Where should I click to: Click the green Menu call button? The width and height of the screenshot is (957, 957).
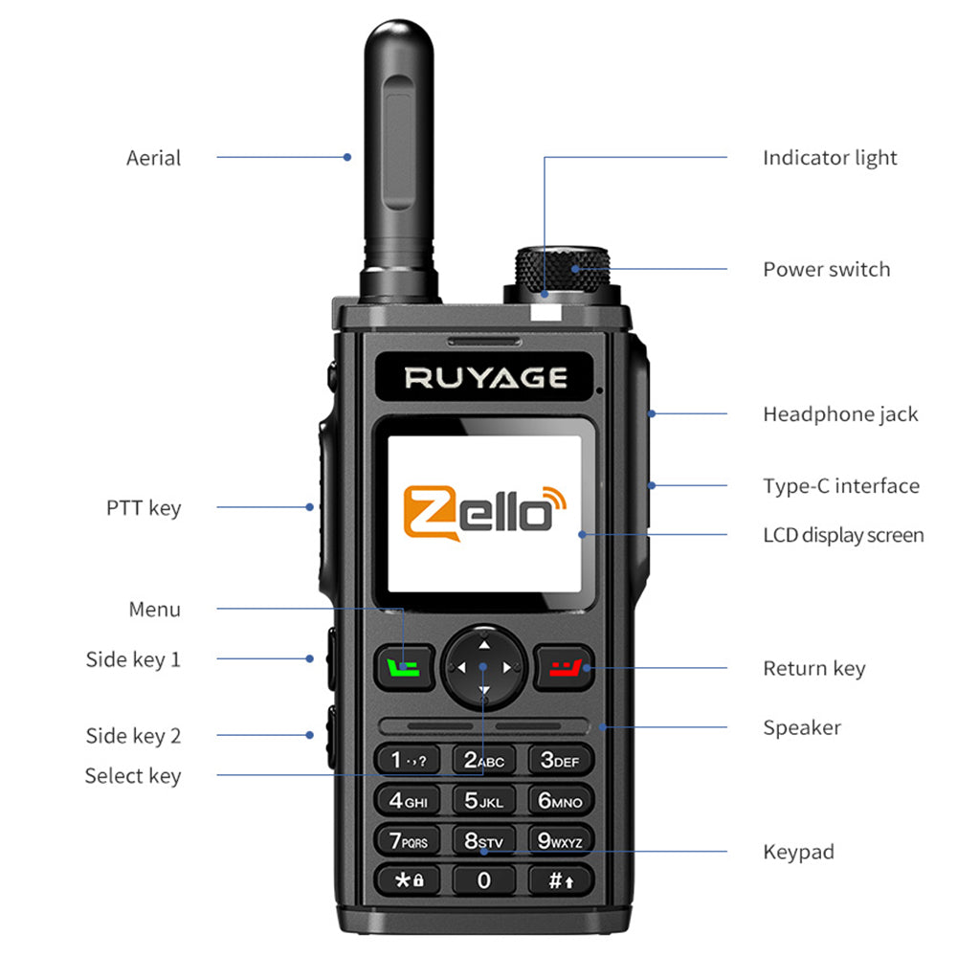point(406,666)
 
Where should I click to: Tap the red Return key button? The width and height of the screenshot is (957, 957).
point(565,666)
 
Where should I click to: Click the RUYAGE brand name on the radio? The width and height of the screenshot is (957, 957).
point(485,378)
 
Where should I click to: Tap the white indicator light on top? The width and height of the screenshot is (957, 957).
point(545,310)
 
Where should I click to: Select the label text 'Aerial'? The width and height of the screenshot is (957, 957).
point(153,158)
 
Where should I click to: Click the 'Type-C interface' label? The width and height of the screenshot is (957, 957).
point(840,486)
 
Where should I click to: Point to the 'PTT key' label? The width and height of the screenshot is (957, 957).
point(144,508)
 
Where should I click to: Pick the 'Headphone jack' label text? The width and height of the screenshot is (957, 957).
point(839,414)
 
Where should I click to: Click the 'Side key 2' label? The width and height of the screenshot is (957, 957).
point(133,736)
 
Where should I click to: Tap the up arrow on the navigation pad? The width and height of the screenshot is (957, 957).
point(483,635)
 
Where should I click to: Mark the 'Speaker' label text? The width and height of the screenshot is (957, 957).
point(801,727)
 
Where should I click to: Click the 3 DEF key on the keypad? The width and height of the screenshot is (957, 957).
point(560,761)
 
